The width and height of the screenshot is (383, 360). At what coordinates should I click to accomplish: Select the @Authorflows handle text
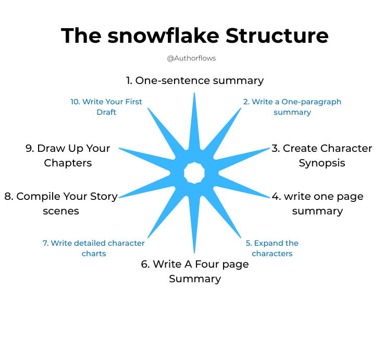click(191, 58)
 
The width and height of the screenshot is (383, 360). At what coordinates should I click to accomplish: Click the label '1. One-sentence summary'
click(194, 80)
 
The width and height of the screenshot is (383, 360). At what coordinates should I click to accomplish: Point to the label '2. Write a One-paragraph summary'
click(292, 107)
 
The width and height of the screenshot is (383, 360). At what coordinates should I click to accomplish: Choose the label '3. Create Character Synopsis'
click(322, 155)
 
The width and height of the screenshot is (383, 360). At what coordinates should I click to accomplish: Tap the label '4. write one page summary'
click(317, 203)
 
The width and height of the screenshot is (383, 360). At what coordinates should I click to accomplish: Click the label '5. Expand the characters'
click(272, 248)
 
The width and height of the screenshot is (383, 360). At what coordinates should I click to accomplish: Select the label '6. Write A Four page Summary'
click(195, 271)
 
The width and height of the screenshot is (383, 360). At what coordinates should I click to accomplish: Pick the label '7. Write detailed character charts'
click(94, 248)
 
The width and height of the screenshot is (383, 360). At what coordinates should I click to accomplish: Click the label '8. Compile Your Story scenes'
click(61, 203)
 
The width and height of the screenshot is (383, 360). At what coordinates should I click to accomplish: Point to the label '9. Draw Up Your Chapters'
click(68, 155)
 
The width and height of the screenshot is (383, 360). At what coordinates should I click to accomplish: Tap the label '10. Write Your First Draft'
click(106, 107)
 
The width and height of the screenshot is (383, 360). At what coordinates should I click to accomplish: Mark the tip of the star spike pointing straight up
click(194, 93)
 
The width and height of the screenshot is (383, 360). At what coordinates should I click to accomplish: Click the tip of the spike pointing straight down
click(194, 253)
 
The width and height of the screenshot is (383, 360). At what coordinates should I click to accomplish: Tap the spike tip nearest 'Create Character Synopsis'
click(269, 148)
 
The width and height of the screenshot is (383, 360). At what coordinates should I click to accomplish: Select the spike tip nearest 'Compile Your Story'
click(119, 197)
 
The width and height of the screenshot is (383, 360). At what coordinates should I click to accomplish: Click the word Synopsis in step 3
click(322, 163)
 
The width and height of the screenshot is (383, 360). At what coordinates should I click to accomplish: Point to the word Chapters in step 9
click(68, 163)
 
